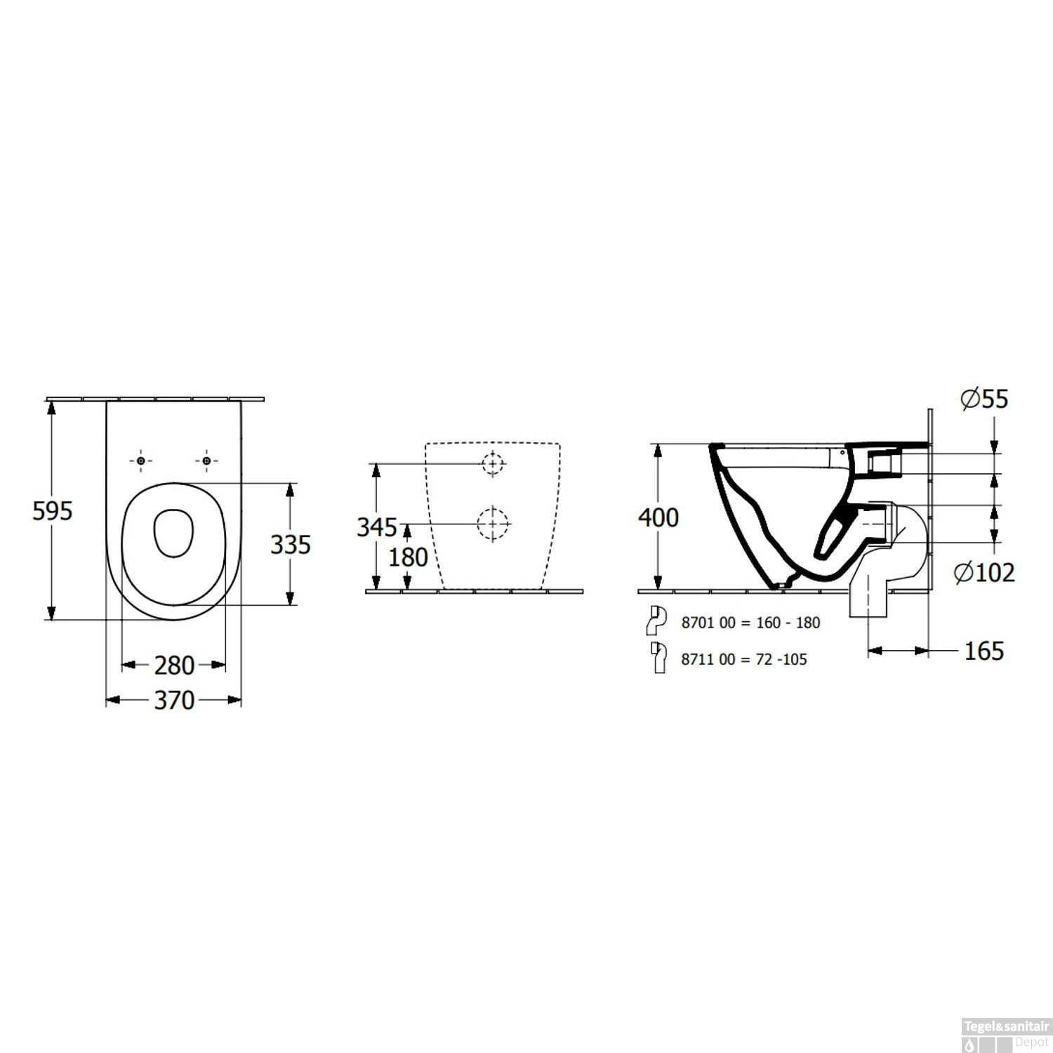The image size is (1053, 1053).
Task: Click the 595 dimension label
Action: coord(53,511)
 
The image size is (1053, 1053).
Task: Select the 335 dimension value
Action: coord(291,544)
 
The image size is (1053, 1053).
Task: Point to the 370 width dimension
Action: coord(174,700)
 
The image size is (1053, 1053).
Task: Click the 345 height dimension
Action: coord(377,526)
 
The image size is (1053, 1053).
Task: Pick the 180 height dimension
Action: coord(408,557)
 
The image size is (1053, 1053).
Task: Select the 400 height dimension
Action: coord(658,518)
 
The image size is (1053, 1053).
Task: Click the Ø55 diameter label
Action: coord(984,399)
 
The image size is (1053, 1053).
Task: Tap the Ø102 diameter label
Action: coord(984,573)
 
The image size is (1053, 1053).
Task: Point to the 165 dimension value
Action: coord(984,651)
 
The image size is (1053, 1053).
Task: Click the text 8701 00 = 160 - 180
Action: coord(750,623)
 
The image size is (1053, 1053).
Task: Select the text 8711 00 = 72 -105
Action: coord(744,659)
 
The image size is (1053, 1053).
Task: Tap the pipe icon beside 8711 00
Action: coord(658,658)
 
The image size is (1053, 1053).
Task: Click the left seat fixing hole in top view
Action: coord(140,461)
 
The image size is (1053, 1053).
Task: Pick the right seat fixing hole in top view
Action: coord(206,461)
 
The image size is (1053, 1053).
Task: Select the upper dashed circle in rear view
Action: coord(494,463)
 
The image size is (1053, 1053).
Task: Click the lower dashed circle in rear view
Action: coord(494,524)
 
